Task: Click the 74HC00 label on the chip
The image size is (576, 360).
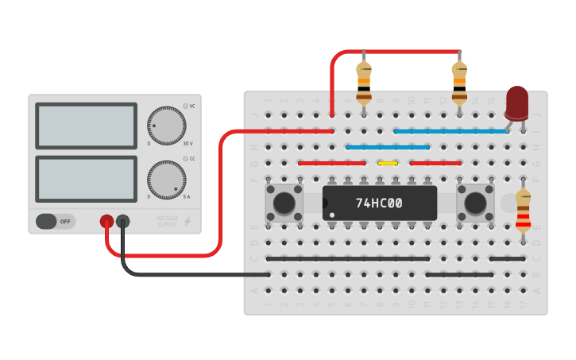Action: pos(379,203)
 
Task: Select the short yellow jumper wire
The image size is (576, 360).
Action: pos(388,163)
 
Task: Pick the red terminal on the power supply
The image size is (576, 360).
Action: pos(106,222)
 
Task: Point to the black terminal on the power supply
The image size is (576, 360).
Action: pos(122,222)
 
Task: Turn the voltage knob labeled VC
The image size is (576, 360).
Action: pos(166,126)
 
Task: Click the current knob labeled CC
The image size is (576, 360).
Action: pos(166,180)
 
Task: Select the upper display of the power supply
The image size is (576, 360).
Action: pos(86,126)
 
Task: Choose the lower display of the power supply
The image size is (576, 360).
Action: pos(86,179)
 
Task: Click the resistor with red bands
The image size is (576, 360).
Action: pos(523,210)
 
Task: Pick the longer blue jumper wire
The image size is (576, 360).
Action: pos(451,131)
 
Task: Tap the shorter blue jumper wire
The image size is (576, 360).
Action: pos(388,147)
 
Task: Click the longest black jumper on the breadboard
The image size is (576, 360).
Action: pos(348,258)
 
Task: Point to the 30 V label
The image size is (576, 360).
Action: pos(187,144)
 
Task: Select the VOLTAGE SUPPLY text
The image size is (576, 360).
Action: pos(167,222)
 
